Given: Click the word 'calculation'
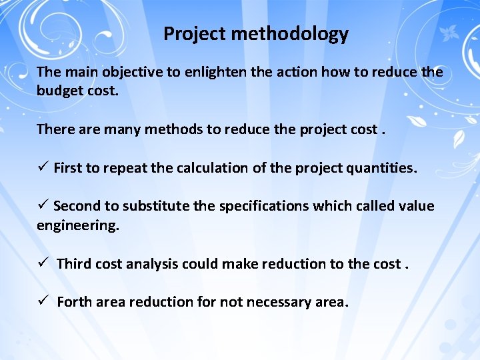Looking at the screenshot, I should pyautogui.click(x=213, y=168).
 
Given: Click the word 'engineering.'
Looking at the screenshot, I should pyautogui.click(x=78, y=225).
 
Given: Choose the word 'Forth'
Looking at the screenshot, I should pyautogui.click(x=75, y=302).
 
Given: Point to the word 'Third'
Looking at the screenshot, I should pyautogui.click(x=75, y=264).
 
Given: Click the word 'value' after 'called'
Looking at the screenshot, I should pyautogui.click(x=416, y=206).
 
